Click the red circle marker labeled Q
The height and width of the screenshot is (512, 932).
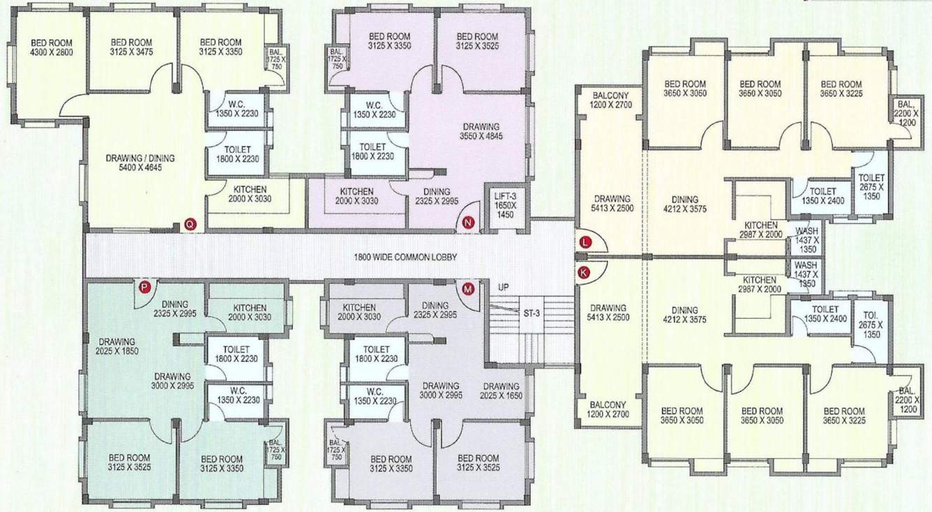(x=189, y=224)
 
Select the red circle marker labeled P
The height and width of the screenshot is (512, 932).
(x=145, y=286)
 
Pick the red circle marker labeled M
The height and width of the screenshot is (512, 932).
(x=467, y=287)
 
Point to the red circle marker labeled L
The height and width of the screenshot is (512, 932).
(x=585, y=242)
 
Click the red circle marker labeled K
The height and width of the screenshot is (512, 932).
(x=585, y=273)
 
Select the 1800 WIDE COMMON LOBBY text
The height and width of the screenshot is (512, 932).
(x=404, y=257)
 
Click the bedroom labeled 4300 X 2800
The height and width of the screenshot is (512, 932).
(x=51, y=47)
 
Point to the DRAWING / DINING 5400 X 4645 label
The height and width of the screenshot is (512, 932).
(x=140, y=163)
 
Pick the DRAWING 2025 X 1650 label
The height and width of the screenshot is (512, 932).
(x=500, y=391)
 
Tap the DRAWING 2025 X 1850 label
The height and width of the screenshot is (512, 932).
(x=116, y=347)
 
